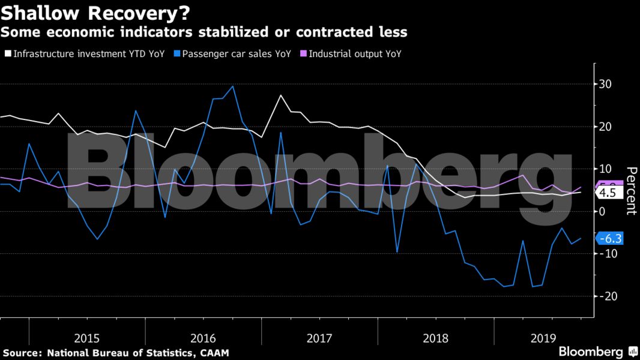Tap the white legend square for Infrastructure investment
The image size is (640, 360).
coord(7,54)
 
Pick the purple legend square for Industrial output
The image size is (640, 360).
coord(304,54)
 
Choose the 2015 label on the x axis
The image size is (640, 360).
coord(87,338)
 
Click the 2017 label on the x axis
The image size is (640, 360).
coord(319,338)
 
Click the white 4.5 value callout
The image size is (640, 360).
coord(608,193)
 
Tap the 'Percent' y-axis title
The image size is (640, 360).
coord(631,190)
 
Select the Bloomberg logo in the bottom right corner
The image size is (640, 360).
coord(597,352)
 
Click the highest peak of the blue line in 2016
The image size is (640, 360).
coord(232,86)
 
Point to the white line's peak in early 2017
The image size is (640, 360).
coord(280,95)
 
